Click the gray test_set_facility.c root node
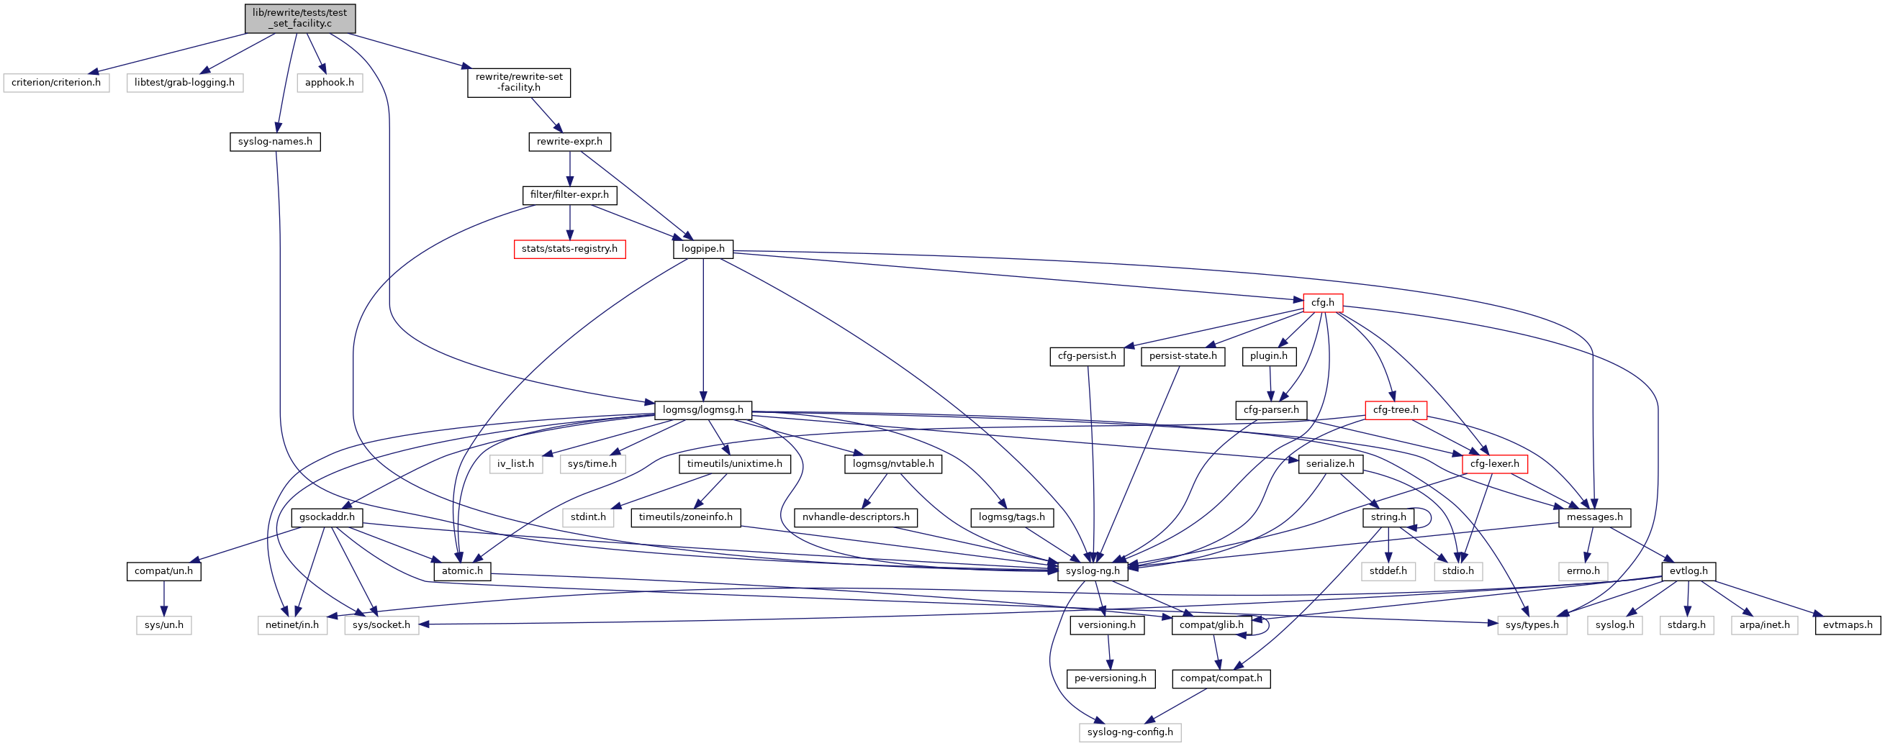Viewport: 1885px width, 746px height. [x=300, y=18]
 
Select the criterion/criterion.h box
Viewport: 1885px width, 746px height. [x=56, y=83]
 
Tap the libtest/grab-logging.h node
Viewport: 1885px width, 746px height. [x=184, y=83]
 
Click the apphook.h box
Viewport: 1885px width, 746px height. [x=330, y=83]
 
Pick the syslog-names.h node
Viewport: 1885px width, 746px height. [x=275, y=142]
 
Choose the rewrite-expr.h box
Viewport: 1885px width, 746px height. [x=569, y=142]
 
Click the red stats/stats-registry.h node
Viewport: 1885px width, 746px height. [x=569, y=250]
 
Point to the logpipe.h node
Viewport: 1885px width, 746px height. [x=702, y=250]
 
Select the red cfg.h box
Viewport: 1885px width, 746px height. [x=1322, y=303]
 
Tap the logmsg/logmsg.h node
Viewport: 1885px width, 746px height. [x=702, y=410]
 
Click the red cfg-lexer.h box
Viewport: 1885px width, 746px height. [x=1494, y=465]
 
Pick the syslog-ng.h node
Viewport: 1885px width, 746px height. [x=1093, y=571]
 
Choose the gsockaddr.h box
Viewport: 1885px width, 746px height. [x=327, y=518]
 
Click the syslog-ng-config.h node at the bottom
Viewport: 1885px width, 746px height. [x=1130, y=732]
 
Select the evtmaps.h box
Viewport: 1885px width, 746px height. [x=1848, y=625]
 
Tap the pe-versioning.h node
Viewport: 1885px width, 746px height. [x=1110, y=678]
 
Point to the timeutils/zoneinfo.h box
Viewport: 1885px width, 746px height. [x=686, y=518]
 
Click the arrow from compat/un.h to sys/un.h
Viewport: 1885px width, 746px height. [x=164, y=599]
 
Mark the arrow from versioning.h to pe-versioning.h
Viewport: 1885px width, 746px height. [x=1108, y=652]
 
